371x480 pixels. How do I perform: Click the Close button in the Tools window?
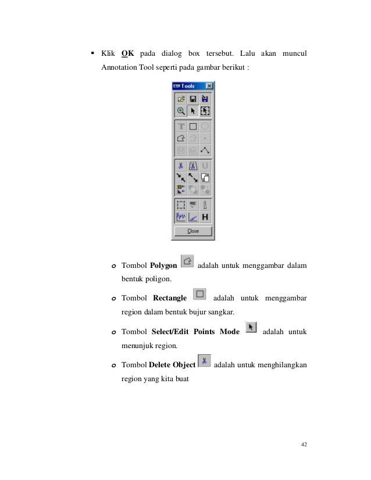click(192, 231)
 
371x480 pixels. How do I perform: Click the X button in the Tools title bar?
click(209, 86)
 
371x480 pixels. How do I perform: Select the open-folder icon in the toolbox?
click(181, 99)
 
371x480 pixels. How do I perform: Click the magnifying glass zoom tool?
click(181, 110)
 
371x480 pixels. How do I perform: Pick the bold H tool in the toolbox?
click(205, 217)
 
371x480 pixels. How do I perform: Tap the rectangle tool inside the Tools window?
click(193, 126)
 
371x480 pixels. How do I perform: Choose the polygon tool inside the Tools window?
click(181, 138)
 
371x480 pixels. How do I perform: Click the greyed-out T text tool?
click(181, 126)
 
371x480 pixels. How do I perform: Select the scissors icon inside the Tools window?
click(181, 166)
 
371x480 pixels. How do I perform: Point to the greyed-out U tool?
click(205, 166)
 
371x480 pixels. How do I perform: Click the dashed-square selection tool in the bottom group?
click(181, 205)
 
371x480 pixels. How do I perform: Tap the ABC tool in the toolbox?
click(193, 205)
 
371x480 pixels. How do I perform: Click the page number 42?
click(304, 445)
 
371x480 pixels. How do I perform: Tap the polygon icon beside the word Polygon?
click(187, 262)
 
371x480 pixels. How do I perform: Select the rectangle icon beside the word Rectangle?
click(199, 294)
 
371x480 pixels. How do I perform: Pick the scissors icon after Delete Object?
click(204, 361)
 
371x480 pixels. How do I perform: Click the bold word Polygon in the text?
click(163, 266)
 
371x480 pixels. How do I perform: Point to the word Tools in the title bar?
click(188, 86)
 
